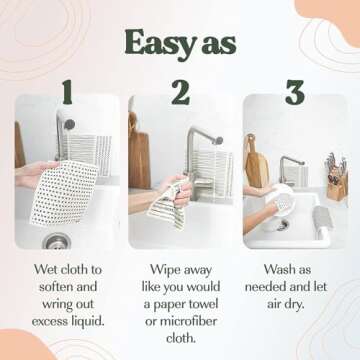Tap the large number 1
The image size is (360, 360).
click(68, 92)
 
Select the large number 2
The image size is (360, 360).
click(181, 92)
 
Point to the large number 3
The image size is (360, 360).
click(295, 92)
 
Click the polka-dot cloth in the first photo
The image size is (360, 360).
click(63, 193)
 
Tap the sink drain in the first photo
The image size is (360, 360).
click(57, 241)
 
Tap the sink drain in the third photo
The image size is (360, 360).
click(282, 225)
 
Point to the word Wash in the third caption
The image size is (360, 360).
click(277, 269)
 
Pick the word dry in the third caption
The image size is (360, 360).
click(295, 305)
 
